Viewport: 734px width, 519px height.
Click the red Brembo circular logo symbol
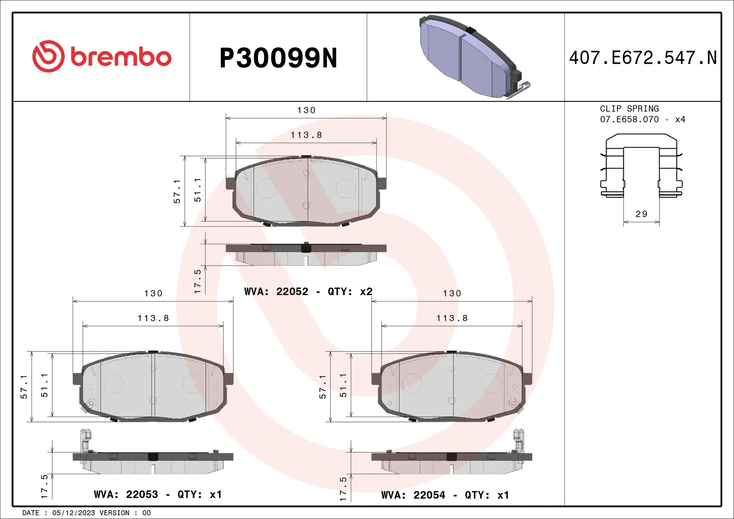click(x=48, y=56)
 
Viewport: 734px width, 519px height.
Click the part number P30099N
click(x=278, y=58)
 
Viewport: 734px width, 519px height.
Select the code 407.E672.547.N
click(x=643, y=58)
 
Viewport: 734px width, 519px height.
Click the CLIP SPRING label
click(x=629, y=109)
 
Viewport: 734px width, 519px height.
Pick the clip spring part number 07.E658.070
click(x=629, y=120)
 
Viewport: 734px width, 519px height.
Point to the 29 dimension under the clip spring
click(x=641, y=214)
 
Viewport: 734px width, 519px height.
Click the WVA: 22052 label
click(x=276, y=292)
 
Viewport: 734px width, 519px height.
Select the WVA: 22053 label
click(x=126, y=495)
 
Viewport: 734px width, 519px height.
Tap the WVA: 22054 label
click(x=413, y=495)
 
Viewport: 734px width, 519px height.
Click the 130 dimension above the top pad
click(x=306, y=110)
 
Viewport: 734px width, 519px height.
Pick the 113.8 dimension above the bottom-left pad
click(x=153, y=318)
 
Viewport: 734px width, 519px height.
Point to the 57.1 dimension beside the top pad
click(x=177, y=191)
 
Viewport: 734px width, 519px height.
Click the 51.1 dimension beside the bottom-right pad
click(x=343, y=385)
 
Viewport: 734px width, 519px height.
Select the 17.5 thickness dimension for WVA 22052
click(x=197, y=281)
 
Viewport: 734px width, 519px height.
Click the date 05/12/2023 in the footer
click(x=73, y=513)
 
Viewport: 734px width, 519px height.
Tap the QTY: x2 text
click(x=350, y=292)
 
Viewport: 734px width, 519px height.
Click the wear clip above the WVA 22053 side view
click(x=86, y=440)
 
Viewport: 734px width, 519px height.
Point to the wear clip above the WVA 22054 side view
click(x=518, y=440)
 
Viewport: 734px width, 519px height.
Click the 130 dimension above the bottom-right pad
click(x=452, y=294)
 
